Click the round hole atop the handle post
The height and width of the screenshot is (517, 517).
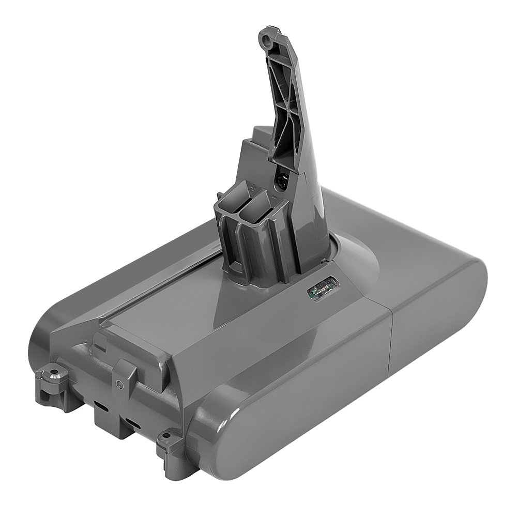coord(267,37)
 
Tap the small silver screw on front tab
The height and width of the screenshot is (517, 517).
coord(120,384)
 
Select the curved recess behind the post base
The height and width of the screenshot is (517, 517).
coord(357,253)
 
